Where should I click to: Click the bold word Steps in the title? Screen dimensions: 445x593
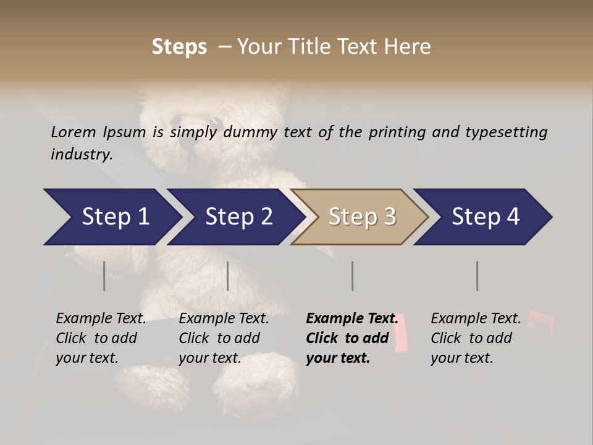[179, 47]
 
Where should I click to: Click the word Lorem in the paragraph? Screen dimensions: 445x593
[73, 132]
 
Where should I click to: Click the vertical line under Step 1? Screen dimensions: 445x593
[104, 276]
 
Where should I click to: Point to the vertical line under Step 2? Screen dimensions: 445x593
[228, 276]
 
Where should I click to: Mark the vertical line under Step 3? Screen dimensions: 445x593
[352, 276]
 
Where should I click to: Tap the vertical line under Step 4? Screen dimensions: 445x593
[477, 276]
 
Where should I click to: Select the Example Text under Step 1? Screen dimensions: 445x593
[101, 319]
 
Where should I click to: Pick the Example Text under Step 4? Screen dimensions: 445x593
[476, 319]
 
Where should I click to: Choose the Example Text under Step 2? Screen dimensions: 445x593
[224, 319]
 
